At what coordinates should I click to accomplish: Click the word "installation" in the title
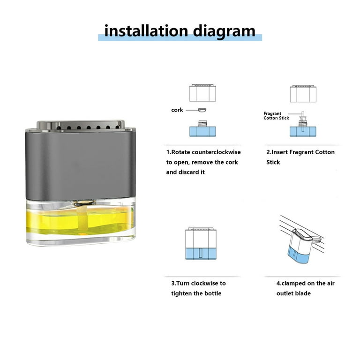click(146, 31)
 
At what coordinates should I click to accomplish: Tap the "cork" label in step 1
click(177, 110)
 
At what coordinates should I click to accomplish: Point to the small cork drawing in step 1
click(202, 110)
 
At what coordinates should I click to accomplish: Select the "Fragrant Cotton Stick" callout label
click(276, 116)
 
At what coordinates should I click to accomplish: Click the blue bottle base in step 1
click(202, 131)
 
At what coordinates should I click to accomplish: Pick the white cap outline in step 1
click(202, 93)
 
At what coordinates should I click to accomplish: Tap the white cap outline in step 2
click(303, 93)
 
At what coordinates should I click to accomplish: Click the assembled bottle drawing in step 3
click(201, 244)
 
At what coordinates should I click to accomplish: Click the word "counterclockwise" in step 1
click(216, 152)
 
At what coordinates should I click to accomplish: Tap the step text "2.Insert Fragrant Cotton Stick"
click(300, 157)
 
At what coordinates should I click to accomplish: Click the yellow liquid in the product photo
click(80, 222)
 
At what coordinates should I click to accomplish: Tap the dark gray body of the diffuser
click(80, 165)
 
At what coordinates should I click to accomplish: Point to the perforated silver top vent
click(80, 125)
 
